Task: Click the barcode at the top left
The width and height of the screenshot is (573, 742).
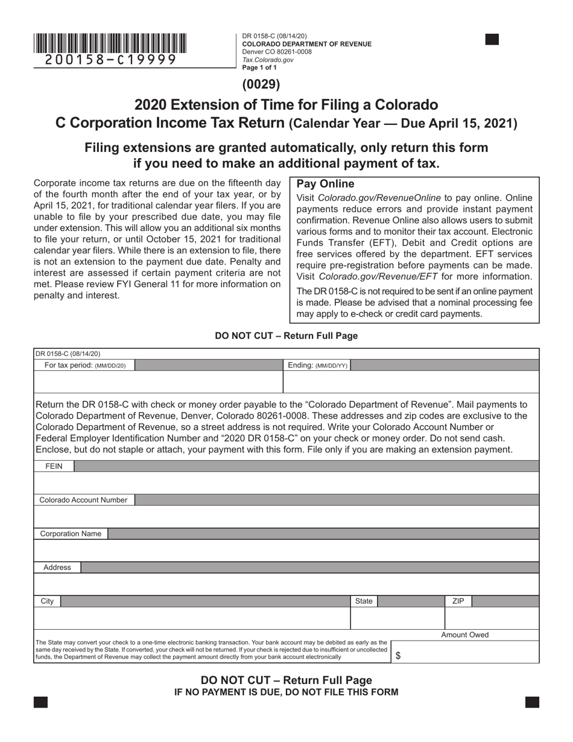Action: (110, 43)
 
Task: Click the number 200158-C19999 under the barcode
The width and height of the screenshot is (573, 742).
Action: (110, 60)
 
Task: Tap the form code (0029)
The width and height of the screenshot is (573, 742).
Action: (261, 84)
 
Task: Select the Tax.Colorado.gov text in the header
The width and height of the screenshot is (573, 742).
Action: (268, 60)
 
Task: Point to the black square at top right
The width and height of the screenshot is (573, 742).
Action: (492, 40)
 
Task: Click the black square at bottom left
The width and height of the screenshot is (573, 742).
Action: (40, 702)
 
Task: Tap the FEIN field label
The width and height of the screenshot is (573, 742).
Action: (54, 466)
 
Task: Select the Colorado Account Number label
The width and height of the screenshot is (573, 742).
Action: (83, 500)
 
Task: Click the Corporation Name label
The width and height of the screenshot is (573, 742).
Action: (71, 534)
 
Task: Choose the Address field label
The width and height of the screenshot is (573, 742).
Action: (57, 568)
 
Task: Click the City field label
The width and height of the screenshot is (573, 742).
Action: (47, 601)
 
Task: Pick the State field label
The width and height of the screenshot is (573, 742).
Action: (364, 601)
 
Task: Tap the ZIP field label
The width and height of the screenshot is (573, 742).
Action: (458, 601)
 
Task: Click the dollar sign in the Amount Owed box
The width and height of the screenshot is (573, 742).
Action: (397, 656)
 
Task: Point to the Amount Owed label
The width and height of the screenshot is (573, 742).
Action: (464, 635)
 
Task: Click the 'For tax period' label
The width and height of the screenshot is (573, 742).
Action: (85, 365)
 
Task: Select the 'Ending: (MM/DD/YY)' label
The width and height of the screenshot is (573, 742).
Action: (317, 365)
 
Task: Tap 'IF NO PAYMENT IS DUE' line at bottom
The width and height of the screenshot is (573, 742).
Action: (286, 692)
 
